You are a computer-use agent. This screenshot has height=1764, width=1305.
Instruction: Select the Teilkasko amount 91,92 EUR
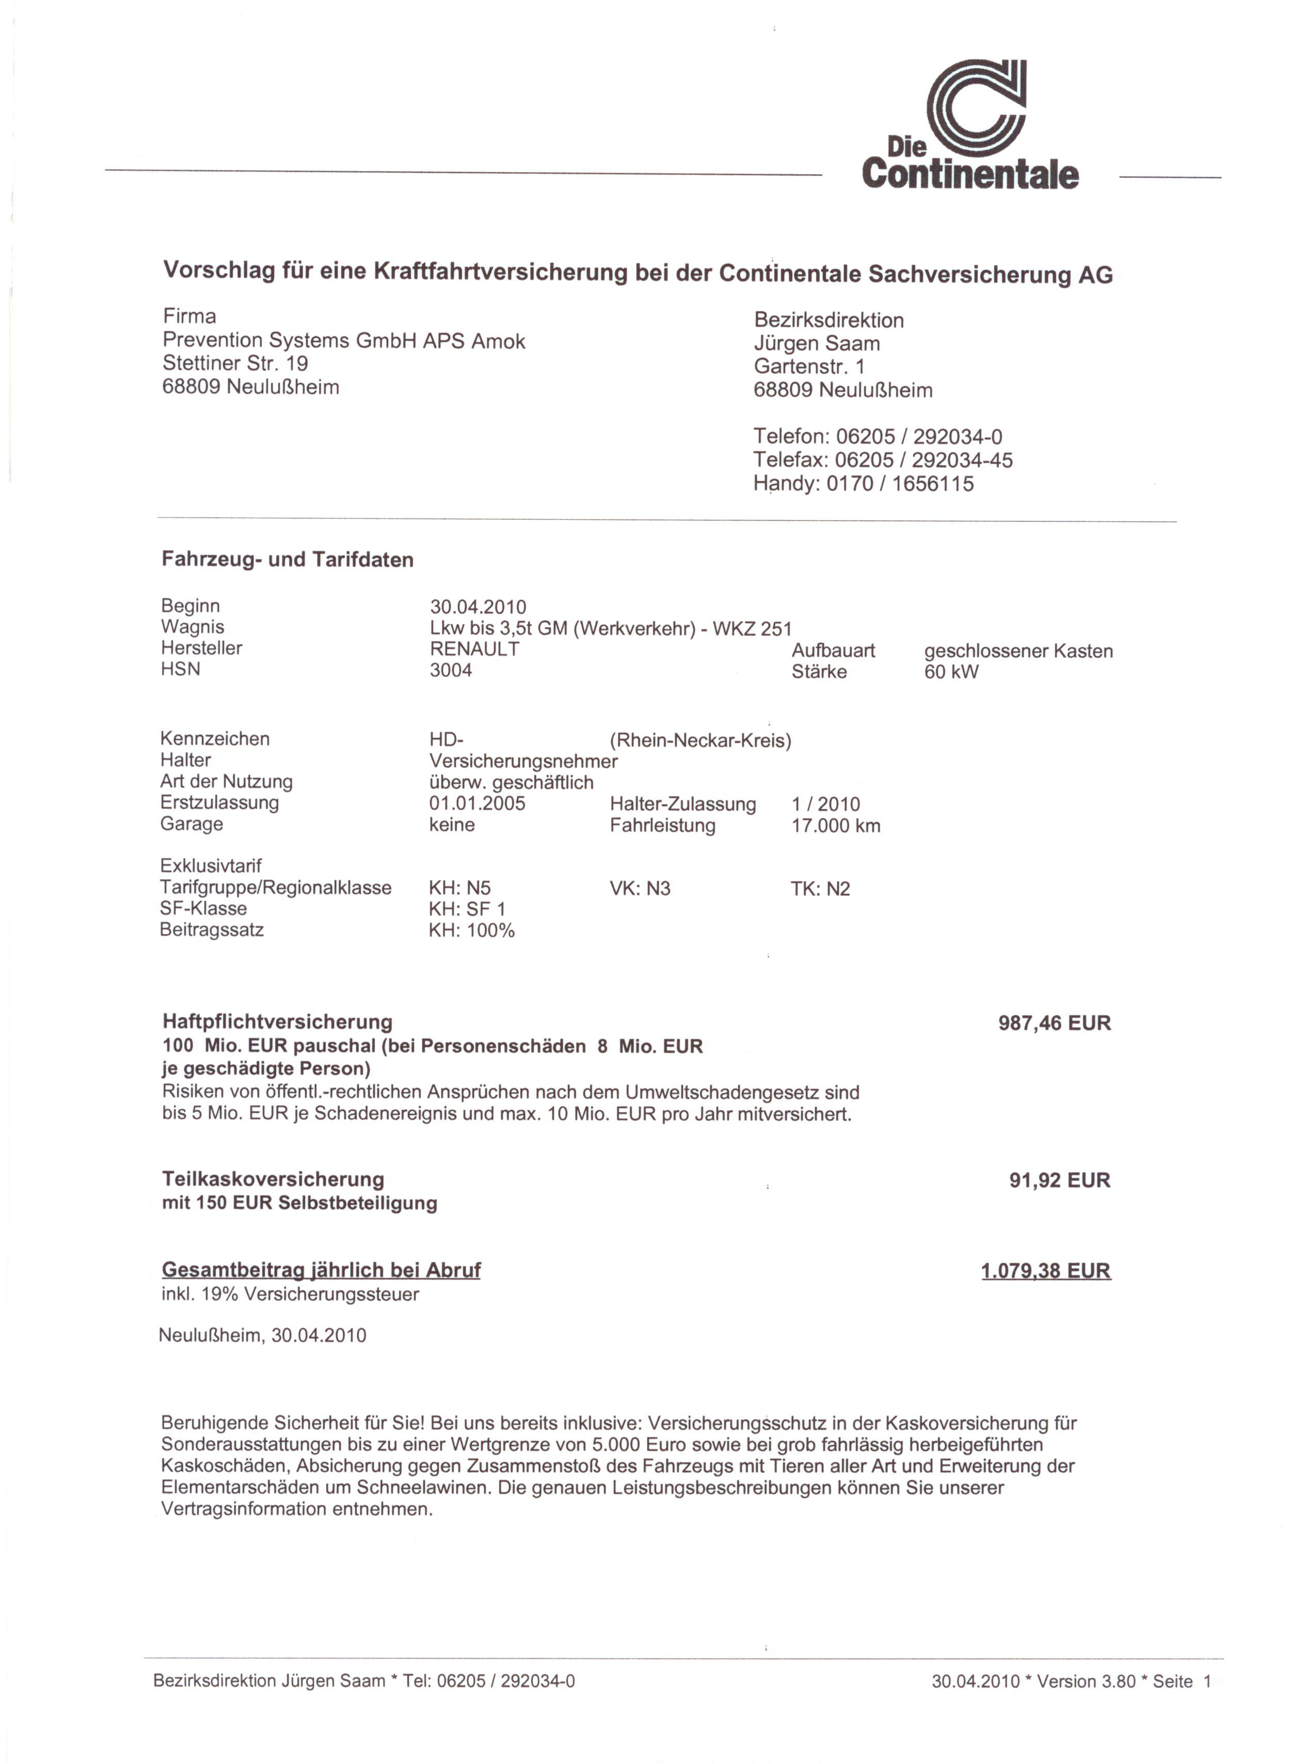1059,1181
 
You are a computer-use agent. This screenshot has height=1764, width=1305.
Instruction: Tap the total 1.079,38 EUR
1045,1272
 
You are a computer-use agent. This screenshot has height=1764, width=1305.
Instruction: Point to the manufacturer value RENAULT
474,649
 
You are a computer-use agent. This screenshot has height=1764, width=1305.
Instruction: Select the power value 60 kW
950,672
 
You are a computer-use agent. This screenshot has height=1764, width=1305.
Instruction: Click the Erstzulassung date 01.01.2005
477,804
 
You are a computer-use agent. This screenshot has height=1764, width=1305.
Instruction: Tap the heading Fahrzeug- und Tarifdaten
288,560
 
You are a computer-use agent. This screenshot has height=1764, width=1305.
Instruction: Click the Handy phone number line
864,484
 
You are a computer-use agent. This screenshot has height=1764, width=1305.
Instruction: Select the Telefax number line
882,460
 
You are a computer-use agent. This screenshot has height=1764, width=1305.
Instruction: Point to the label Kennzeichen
215,739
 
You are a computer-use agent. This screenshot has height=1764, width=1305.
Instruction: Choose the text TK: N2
820,889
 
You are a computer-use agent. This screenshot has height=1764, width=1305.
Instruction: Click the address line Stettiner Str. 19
235,364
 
